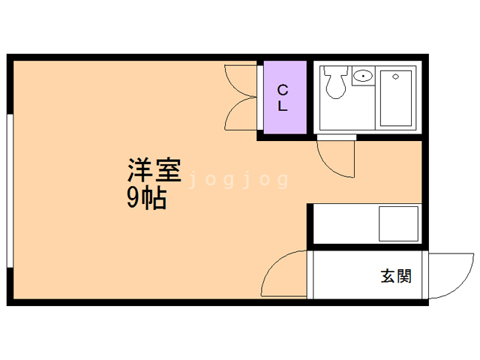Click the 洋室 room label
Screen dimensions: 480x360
tap(154, 170)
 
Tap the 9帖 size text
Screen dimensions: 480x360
tap(147, 198)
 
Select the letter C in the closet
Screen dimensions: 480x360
tap(283, 90)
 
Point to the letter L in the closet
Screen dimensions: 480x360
tap(282, 106)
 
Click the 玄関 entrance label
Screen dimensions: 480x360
tap(396, 276)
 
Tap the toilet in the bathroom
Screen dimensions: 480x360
tap(336, 82)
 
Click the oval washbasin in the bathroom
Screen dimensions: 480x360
tap(363, 75)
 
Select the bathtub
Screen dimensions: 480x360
tap(395, 98)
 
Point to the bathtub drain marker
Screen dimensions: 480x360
tap(395, 76)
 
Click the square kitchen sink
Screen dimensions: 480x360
tap(398, 223)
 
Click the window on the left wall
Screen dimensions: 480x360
tap(10, 191)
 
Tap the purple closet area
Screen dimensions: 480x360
tap(285, 97)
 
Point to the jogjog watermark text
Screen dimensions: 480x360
tap(238, 180)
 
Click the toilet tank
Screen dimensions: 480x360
tap(336, 70)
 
